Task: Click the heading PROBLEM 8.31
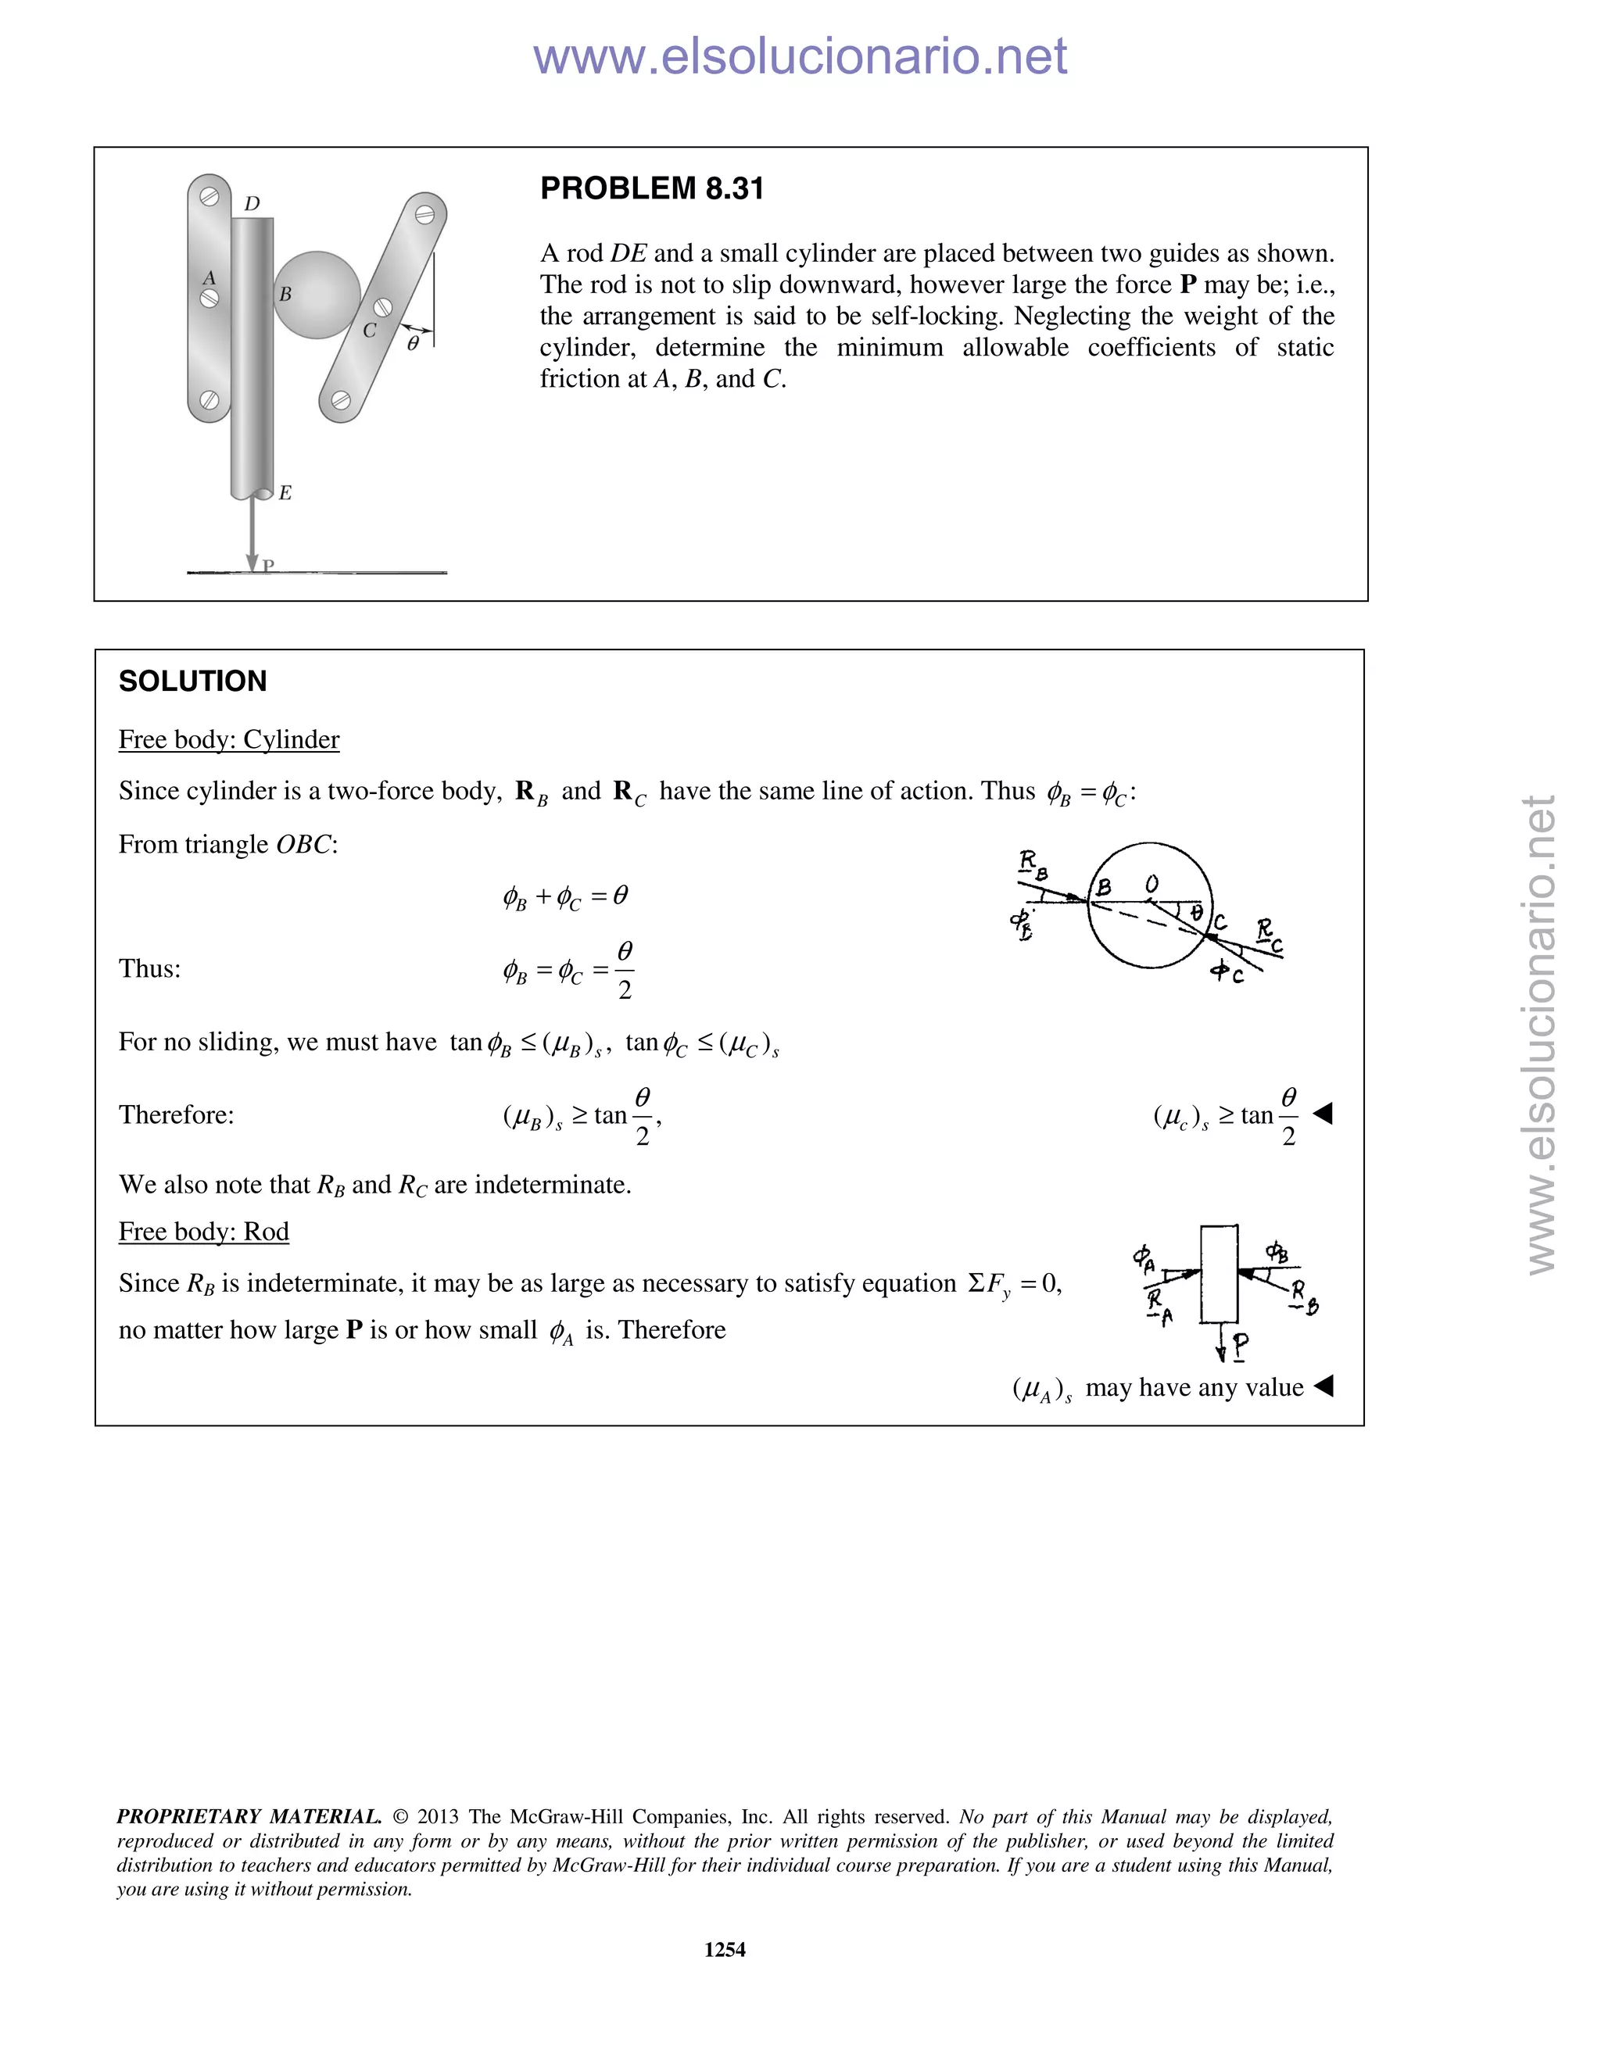[652, 188]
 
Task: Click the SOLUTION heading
[192, 681]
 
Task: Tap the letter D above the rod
[253, 204]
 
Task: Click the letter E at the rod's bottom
[285, 492]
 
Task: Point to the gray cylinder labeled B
[317, 294]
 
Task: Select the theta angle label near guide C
[413, 344]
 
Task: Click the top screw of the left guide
[210, 196]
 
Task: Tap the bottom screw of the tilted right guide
[342, 401]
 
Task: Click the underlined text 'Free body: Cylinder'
[228, 739]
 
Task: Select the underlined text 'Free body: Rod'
[203, 1231]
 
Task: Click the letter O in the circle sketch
[1151, 884]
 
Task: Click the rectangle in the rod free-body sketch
[1219, 1274]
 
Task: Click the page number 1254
[725, 1948]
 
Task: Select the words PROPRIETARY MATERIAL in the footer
[249, 1816]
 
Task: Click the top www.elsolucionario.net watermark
[800, 57]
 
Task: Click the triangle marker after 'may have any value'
[1323, 1386]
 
